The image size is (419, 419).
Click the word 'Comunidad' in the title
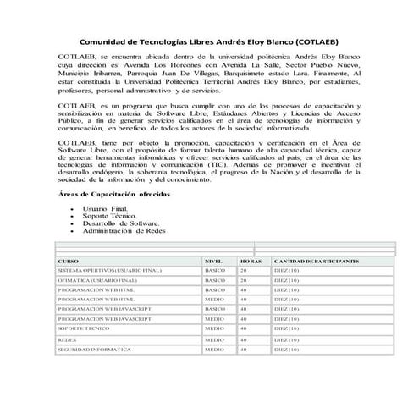[x=107, y=41]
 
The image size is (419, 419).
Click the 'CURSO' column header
[x=69, y=261]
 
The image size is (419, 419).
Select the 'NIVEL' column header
[x=214, y=261]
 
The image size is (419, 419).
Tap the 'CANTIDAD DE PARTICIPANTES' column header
[x=317, y=261]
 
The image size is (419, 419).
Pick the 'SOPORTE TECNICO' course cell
[x=82, y=328]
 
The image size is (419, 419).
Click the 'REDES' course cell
[x=67, y=339]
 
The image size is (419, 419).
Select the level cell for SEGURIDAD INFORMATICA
[x=215, y=349]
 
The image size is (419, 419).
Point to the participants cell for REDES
[x=287, y=339]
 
